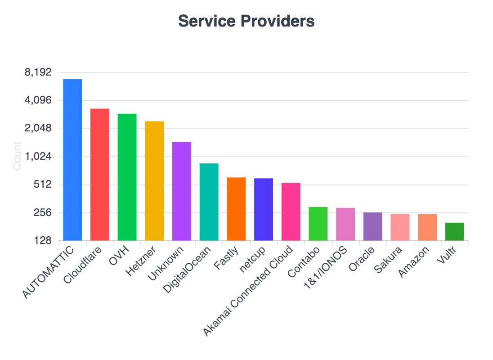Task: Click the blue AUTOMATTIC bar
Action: click(x=72, y=160)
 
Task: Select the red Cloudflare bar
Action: click(x=100, y=175)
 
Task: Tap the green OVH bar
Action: click(x=127, y=177)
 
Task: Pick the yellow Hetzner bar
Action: click(x=154, y=181)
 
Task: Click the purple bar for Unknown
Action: click(x=182, y=191)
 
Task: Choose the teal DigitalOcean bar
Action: click(x=209, y=202)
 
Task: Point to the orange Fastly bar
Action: click(x=236, y=209)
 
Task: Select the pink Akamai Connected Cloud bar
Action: click(x=291, y=211)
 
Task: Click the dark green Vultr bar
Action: click(x=455, y=231)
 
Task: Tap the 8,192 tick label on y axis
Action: click(x=39, y=72)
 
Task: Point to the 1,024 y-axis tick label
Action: click(x=39, y=157)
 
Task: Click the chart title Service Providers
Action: click(x=246, y=21)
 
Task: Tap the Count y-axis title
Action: click(x=17, y=156)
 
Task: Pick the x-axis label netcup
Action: click(x=255, y=259)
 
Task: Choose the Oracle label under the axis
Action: click(x=361, y=259)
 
